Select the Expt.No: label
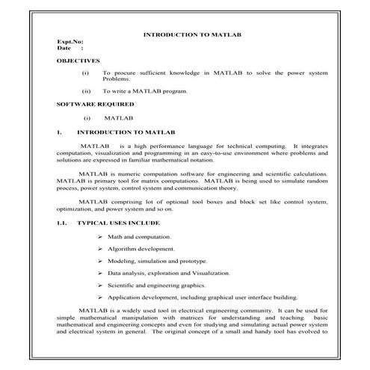tap(70, 42)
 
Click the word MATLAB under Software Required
tap(118, 117)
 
